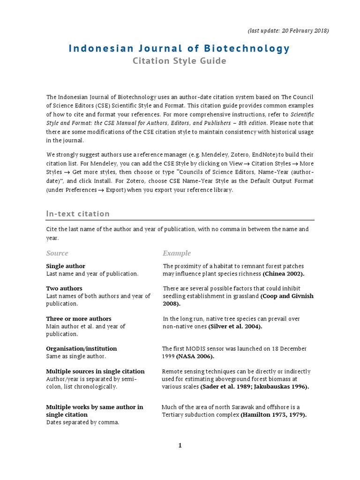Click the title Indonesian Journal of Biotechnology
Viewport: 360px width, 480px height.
pos(180,48)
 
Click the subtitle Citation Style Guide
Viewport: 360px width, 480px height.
pos(180,61)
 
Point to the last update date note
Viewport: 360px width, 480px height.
pos(288,30)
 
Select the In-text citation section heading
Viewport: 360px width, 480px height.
pos(78,214)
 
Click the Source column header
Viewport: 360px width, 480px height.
pos(57,253)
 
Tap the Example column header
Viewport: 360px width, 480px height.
pos(177,253)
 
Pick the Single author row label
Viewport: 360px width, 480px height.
pos(66,266)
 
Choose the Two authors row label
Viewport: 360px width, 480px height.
pos(64,289)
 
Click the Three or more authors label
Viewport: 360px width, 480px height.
pos(79,319)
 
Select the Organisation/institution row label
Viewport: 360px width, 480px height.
pos(82,349)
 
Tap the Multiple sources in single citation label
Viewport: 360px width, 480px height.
pos(95,371)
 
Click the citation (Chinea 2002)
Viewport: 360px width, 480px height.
pos(284,274)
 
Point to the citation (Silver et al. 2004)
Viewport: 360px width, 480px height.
pos(235,327)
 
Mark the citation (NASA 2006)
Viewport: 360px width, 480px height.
pos(195,357)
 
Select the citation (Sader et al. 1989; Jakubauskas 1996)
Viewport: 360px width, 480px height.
pos(255,387)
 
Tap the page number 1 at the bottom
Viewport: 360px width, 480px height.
pos(180,445)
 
